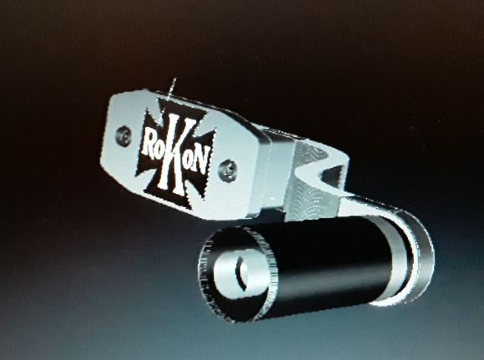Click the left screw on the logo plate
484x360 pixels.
pyautogui.click(x=124, y=134)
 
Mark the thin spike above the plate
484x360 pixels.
pyautogui.click(x=172, y=89)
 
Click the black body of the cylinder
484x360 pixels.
pyautogui.click(x=334, y=259)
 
